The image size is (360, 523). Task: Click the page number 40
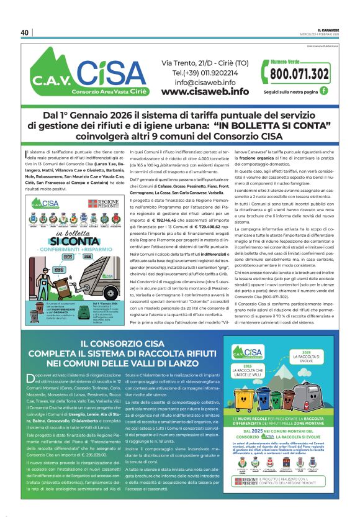pos(25,32)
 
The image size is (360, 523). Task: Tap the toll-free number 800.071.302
pos(300,74)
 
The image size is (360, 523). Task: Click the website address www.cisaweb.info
pos(205,92)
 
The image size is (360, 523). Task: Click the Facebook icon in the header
pos(323,91)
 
